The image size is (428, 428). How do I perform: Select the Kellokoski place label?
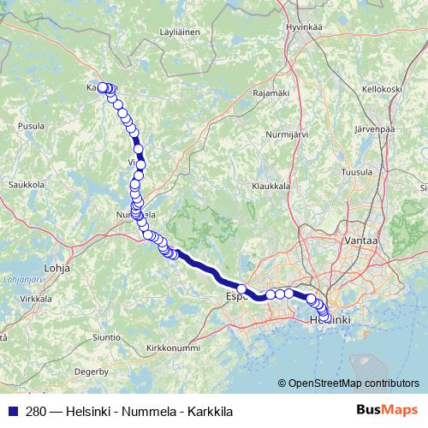click(x=382, y=88)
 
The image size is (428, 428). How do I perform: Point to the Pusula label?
click(x=32, y=125)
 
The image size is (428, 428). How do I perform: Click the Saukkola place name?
click(x=26, y=183)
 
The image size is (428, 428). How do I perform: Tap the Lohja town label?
click(x=56, y=267)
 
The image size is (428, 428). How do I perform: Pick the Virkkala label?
click(x=35, y=299)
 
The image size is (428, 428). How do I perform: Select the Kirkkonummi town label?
click(x=173, y=348)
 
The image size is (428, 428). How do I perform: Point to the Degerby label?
click(x=92, y=372)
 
